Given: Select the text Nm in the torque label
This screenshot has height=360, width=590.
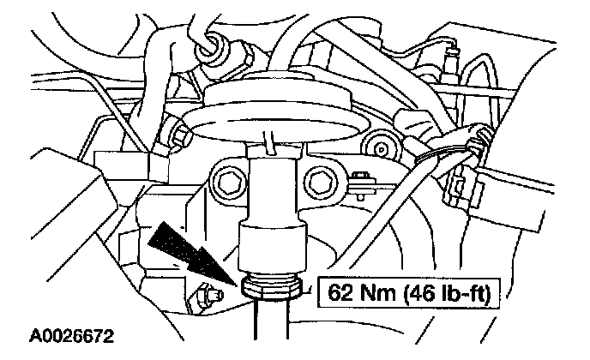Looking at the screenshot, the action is pos(373,293).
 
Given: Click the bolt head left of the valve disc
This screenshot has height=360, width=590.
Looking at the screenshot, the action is pos(179,135).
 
